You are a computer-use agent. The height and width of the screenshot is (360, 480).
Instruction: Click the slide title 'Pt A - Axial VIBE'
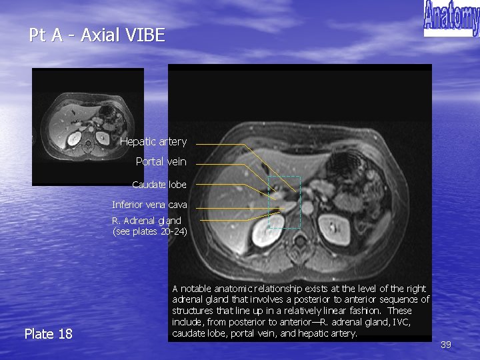click(x=97, y=35)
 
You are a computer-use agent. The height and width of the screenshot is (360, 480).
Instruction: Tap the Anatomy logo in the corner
click(x=451, y=18)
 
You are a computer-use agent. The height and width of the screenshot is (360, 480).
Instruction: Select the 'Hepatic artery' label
click(x=153, y=141)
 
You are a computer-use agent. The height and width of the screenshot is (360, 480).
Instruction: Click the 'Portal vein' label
click(x=161, y=161)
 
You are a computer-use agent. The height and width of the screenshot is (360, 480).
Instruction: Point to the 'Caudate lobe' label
click(x=159, y=184)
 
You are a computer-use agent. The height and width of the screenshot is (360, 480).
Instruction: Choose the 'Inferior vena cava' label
click(x=149, y=205)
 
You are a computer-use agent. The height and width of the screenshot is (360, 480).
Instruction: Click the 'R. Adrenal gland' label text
click(x=146, y=220)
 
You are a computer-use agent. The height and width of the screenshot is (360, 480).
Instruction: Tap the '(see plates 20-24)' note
click(x=150, y=231)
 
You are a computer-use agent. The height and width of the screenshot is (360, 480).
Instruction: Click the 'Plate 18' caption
click(x=48, y=333)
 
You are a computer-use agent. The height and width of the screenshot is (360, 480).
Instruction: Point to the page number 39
click(x=446, y=345)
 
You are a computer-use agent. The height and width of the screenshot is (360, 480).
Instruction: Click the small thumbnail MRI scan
click(x=88, y=126)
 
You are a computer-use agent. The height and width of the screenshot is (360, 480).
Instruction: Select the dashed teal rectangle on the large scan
click(x=285, y=202)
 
